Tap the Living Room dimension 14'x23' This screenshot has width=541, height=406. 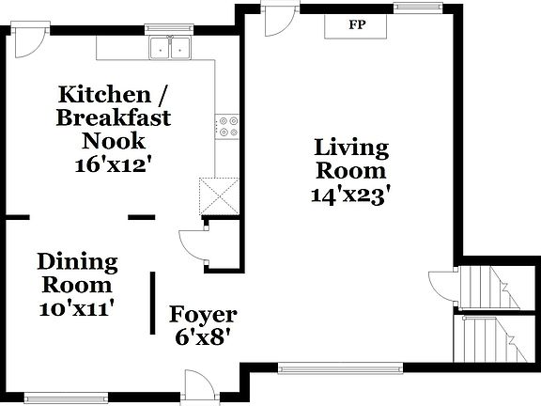coord(350,195)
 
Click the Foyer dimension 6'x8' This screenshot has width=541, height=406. coord(203,336)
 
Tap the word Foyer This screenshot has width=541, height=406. coord(203,315)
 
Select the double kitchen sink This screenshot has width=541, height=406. coord(170,48)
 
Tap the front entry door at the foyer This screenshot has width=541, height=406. coord(200,385)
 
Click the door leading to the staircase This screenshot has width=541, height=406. coord(441,285)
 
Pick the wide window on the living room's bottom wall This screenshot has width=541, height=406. coord(322,367)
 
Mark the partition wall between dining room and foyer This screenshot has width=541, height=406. coord(153,303)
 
